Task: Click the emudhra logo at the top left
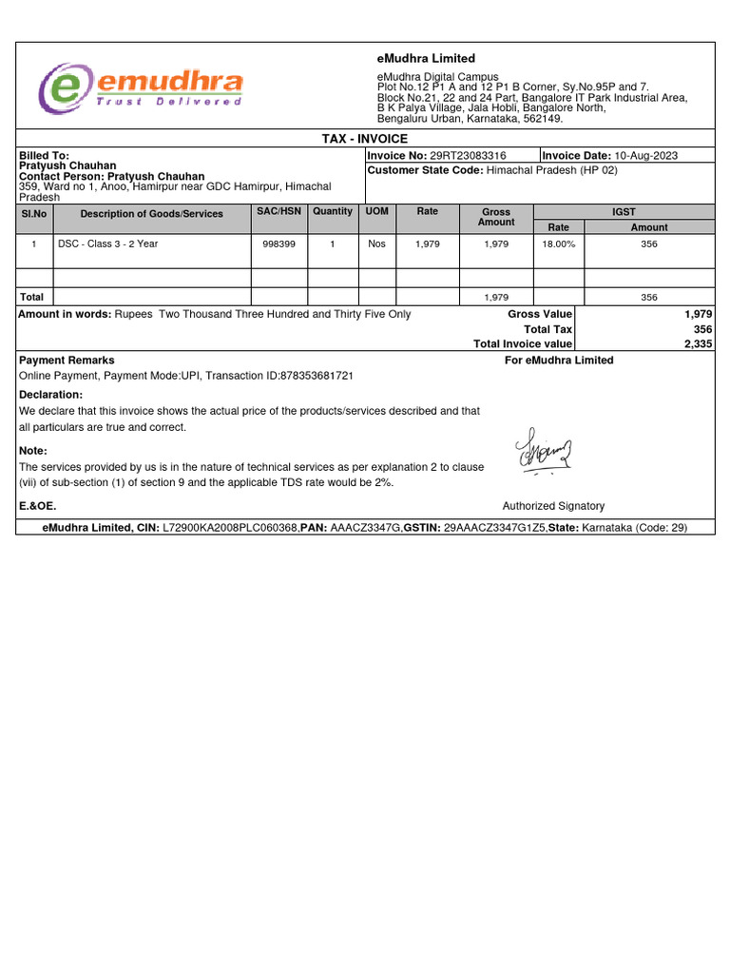pos(141,88)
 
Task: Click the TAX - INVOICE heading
pos(365,139)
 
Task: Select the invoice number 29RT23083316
pos(469,156)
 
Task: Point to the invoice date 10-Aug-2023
pos(646,156)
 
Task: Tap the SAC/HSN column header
pos(279,211)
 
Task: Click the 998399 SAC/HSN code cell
pos(279,244)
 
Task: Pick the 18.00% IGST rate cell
pos(558,244)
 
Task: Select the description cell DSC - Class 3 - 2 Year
pos(107,244)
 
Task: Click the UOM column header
pos(377,211)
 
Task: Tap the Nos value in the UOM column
pos(377,244)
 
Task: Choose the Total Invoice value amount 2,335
pos(698,344)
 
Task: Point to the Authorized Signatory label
pos(553,506)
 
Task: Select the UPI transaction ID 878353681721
pos(317,376)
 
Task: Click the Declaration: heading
pos(50,395)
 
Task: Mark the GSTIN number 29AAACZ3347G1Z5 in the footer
pos(493,528)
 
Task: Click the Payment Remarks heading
pos(67,360)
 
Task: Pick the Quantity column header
pos(332,211)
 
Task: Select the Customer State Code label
pos(425,170)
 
